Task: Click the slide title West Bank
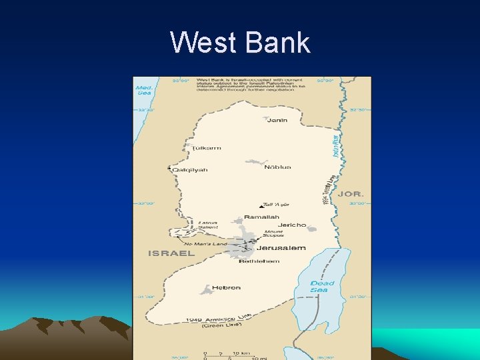pos(240,43)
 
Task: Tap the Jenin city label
pos(277,120)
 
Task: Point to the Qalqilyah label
pos(190,170)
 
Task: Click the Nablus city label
pos(277,167)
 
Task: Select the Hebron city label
pos(227,288)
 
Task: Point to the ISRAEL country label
pos(162,253)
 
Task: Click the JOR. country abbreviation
pos(351,194)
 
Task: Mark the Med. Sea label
pos(144,90)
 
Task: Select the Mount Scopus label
pos(273,233)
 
